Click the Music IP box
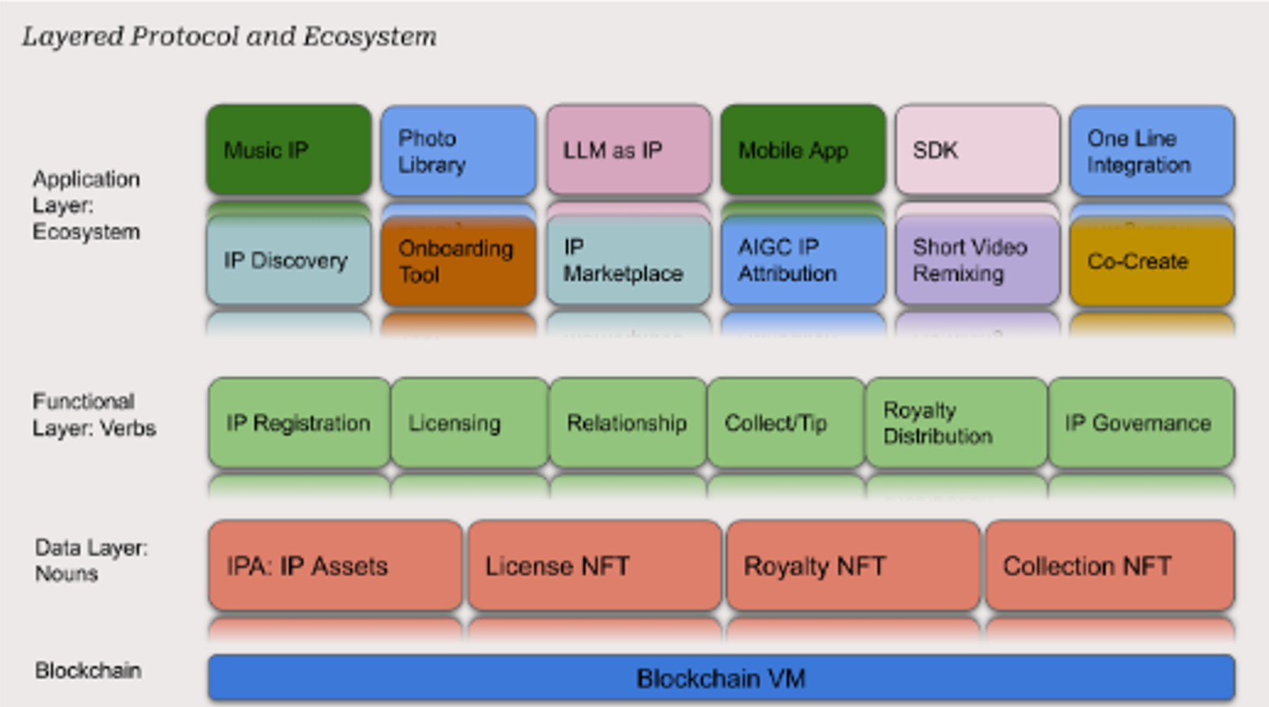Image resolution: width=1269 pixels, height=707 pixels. click(288, 150)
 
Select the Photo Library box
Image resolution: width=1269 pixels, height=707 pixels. click(458, 151)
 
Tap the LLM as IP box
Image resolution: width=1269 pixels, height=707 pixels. click(628, 150)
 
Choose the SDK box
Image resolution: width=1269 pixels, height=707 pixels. click(977, 150)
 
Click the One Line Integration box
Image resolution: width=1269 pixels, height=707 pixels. click(1151, 151)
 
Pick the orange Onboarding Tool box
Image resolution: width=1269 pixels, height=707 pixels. click(458, 261)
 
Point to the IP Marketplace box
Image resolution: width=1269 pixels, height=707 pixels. click(628, 261)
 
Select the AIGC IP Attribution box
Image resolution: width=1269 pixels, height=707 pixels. click(802, 261)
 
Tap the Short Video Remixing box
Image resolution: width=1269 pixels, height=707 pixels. click(977, 261)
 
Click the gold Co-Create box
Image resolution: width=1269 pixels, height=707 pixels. click(1151, 261)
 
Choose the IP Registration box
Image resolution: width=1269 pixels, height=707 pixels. click(298, 423)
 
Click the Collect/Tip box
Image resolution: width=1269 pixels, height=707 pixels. click(785, 423)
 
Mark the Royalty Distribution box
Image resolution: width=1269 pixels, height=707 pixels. click(956, 423)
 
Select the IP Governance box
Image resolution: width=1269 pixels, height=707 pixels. click(1141, 423)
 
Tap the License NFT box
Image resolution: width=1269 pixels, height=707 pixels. click(594, 565)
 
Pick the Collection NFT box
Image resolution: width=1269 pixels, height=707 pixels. click(1109, 565)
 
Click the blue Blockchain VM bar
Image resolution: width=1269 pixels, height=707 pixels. click(720, 678)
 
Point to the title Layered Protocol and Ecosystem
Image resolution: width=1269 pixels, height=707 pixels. click(229, 36)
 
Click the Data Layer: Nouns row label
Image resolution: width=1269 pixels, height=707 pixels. click(91, 561)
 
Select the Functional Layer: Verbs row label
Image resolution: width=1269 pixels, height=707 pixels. click(94, 415)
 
